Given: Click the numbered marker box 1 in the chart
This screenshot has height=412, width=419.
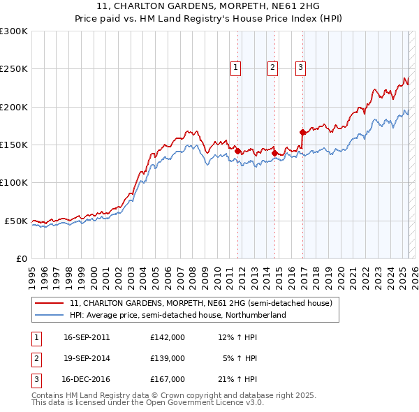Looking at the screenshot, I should coord(236,68).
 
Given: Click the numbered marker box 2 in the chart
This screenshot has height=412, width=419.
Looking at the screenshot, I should coord(272,68).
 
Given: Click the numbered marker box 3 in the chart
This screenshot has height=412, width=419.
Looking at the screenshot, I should coord(300,68).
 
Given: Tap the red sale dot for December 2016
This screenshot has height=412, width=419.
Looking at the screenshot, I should coord(302,131).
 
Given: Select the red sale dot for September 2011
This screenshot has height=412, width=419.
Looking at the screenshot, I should coord(238,151).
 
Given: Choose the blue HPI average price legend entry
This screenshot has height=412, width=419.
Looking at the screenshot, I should coord(177,316).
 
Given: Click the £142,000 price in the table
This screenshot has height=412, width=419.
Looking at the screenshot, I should coord(168,337).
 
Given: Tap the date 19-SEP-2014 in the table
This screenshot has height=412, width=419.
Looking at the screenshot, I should coord(87,358).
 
